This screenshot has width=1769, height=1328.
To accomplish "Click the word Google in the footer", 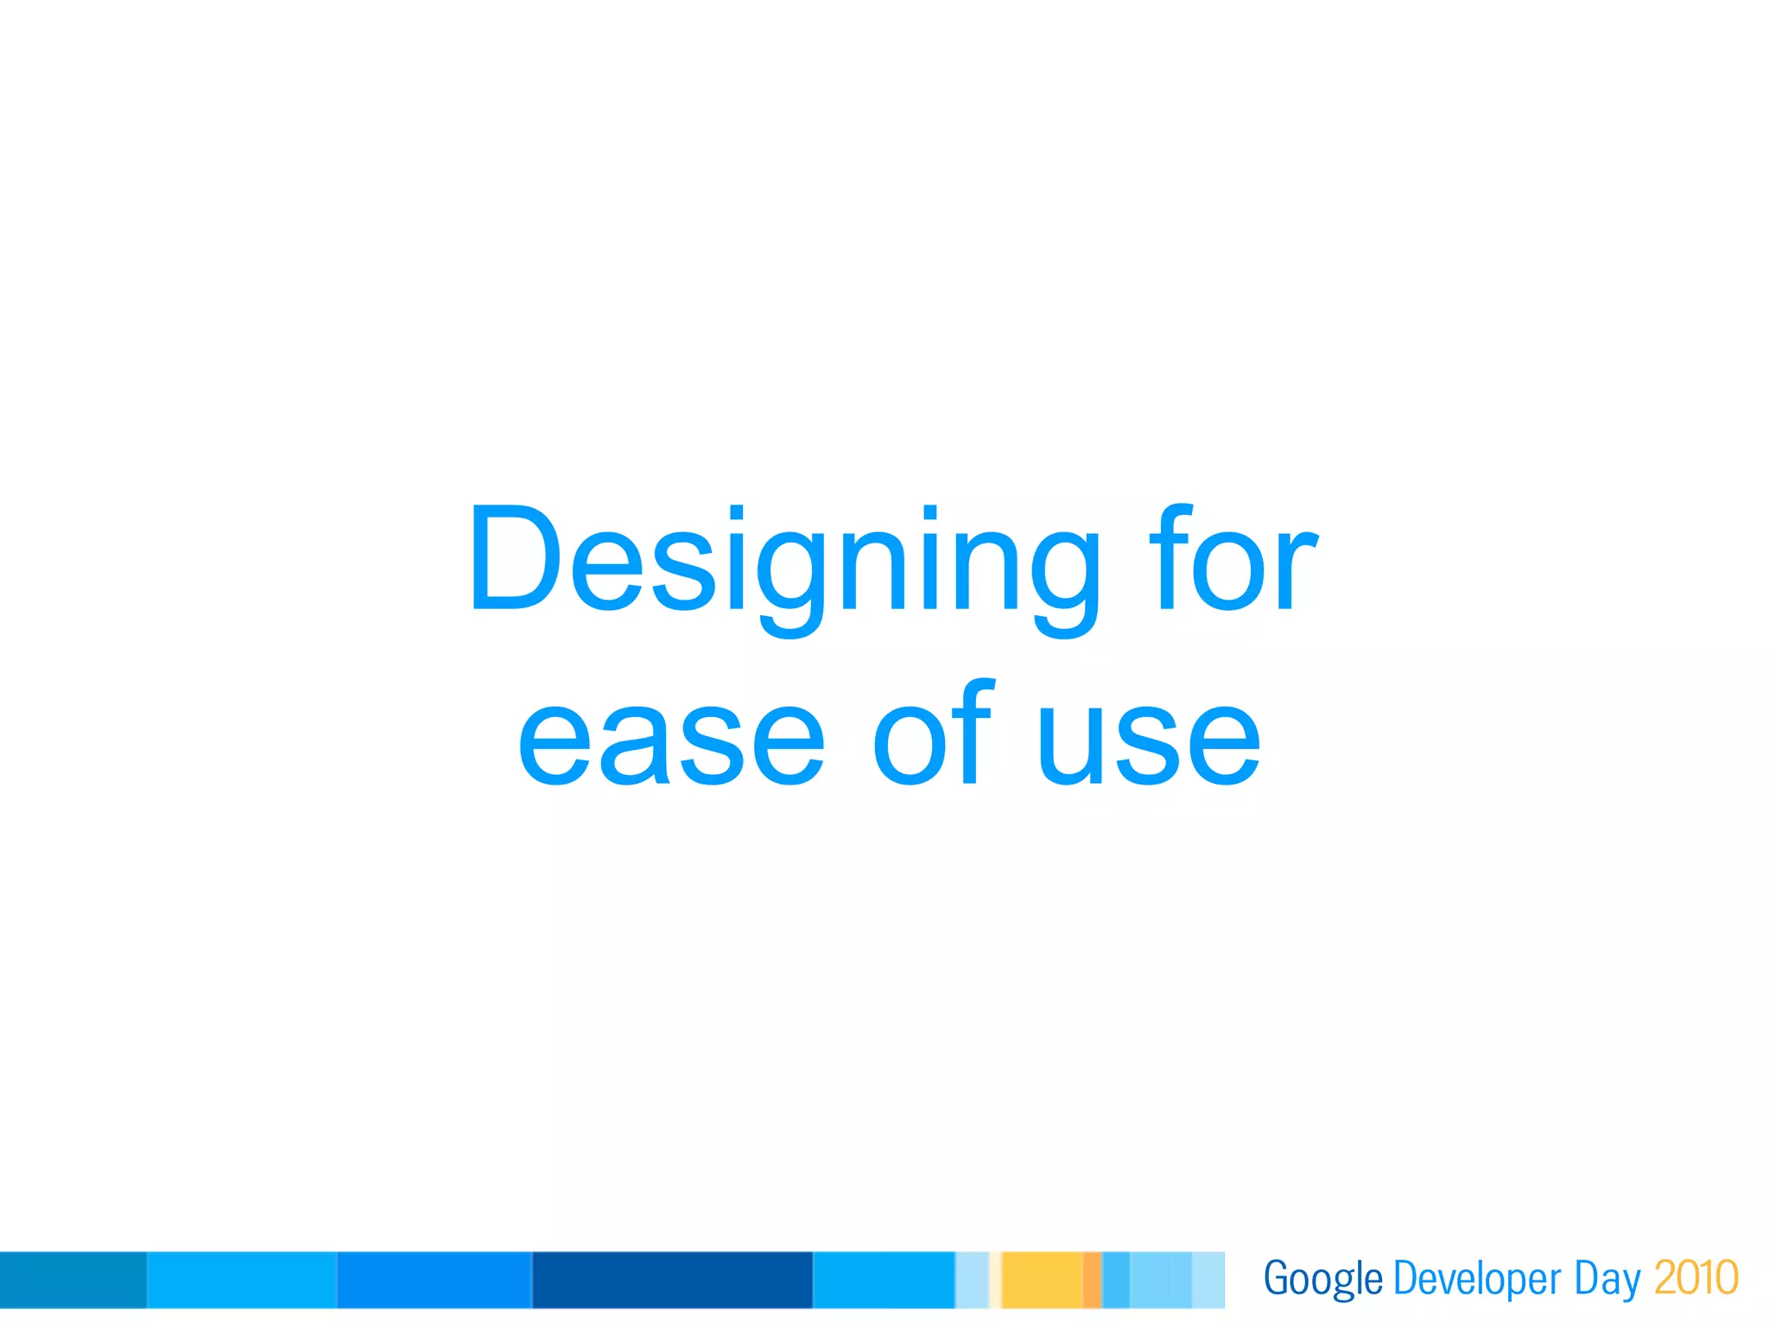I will point(1322,1279).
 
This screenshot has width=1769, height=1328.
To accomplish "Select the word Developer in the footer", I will point(1477,1279).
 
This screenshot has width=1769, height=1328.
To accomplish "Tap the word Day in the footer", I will point(1607,1279).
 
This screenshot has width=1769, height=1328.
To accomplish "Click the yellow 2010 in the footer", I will point(1696,1277).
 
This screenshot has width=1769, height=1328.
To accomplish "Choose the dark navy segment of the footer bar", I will point(672,1280).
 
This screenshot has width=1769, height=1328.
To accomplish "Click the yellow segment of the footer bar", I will point(1042,1280).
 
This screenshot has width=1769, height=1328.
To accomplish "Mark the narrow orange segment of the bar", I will point(1092,1280).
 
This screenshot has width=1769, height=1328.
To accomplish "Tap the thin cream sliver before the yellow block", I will point(995,1280).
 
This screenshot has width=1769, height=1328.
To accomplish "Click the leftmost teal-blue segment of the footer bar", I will point(73,1280).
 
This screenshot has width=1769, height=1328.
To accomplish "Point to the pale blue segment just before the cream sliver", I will point(971,1280).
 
